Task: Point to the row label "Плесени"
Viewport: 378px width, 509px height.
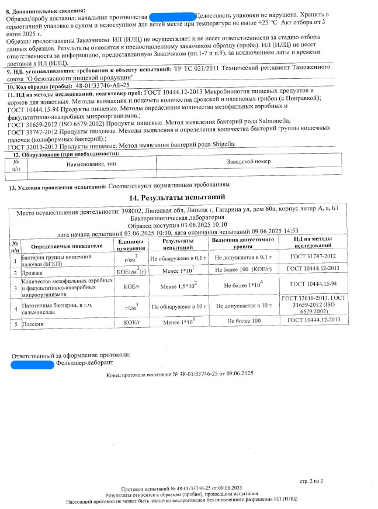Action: tap(33, 322)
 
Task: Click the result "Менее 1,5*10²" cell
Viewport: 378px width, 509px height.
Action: tap(178, 286)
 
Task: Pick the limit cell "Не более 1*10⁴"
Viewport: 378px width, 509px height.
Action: tap(243, 286)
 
